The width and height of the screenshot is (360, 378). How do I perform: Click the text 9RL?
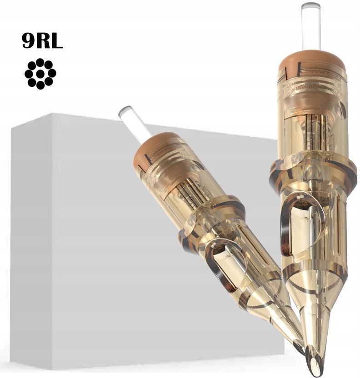pos(42,40)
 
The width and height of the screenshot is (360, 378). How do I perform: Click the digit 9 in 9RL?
pos(28,40)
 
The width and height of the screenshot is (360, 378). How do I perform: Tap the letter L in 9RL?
pos(56,40)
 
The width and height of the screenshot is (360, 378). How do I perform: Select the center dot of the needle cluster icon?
pos(40,74)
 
